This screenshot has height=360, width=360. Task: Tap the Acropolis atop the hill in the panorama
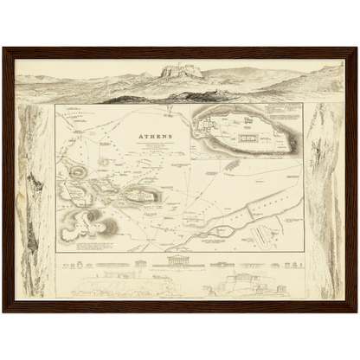(x=183, y=70)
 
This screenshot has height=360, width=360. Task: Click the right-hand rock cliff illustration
(x=326, y=199)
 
